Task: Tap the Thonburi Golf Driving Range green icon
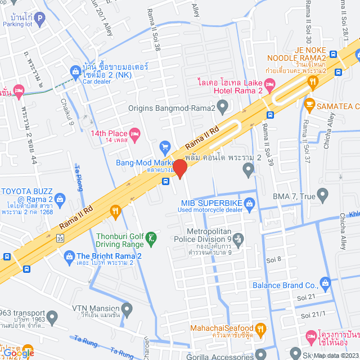151,238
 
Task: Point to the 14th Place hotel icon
134,133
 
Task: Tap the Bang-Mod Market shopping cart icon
165,147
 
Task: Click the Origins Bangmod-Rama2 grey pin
223,105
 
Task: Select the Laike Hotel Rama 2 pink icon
269,86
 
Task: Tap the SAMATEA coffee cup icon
309,103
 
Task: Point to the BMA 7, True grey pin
322,195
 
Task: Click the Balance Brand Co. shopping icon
324,282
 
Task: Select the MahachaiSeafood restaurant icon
260,328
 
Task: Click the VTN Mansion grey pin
127,309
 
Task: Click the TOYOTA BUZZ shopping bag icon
61,198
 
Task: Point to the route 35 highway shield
60,238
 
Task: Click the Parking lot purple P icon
39,20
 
